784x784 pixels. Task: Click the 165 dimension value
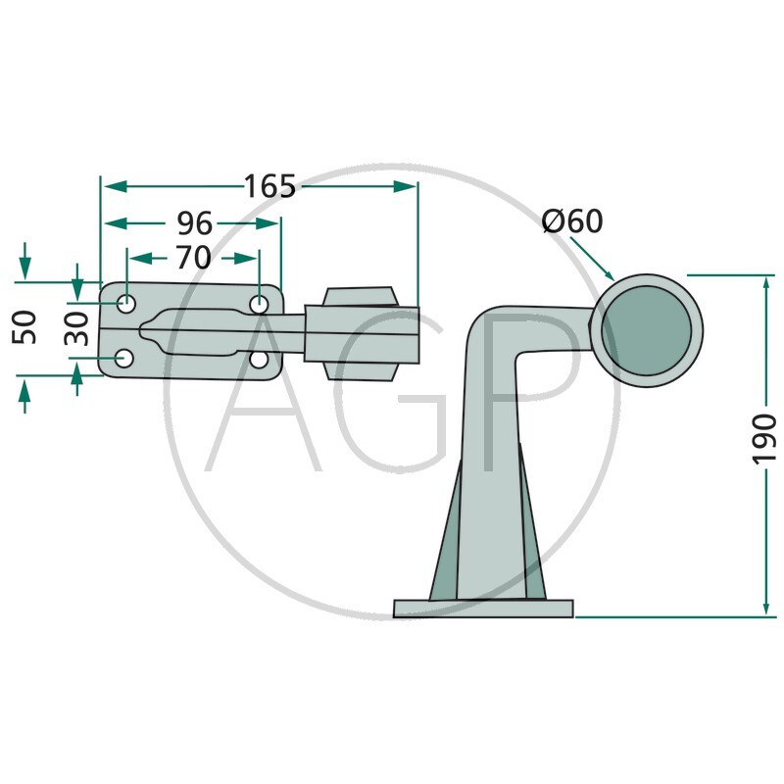pos(270,186)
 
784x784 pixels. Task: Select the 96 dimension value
pos(195,223)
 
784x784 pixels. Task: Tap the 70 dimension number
pos(193,258)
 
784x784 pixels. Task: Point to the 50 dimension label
pos(24,327)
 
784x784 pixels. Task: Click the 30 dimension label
pos(76,329)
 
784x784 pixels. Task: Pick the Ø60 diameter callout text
pos(572,220)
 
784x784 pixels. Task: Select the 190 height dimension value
pos(764,439)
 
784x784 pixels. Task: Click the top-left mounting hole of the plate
pos(126,303)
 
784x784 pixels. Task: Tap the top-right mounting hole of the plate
pos(259,303)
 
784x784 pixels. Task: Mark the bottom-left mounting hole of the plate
pos(124,358)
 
